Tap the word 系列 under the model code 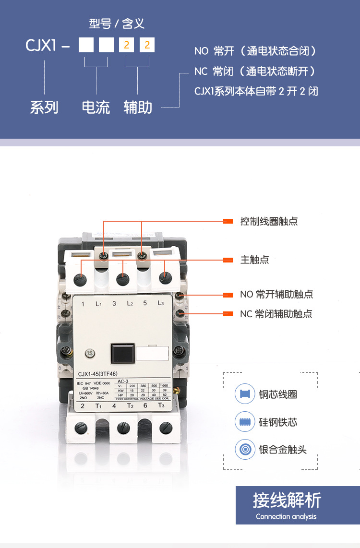click(44, 107)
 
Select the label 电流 click(96, 107)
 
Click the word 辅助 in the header click(138, 107)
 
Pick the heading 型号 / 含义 click(117, 24)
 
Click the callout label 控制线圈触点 click(269, 221)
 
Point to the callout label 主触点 click(254, 260)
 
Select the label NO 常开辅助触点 click(276, 294)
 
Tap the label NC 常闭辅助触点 click(276, 314)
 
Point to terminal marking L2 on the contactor click(130, 304)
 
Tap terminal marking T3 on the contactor click(161, 405)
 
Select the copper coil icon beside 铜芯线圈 click(245, 394)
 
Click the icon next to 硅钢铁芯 click(245, 422)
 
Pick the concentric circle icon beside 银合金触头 click(245, 450)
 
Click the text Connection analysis click(286, 516)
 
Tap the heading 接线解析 click(287, 500)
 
